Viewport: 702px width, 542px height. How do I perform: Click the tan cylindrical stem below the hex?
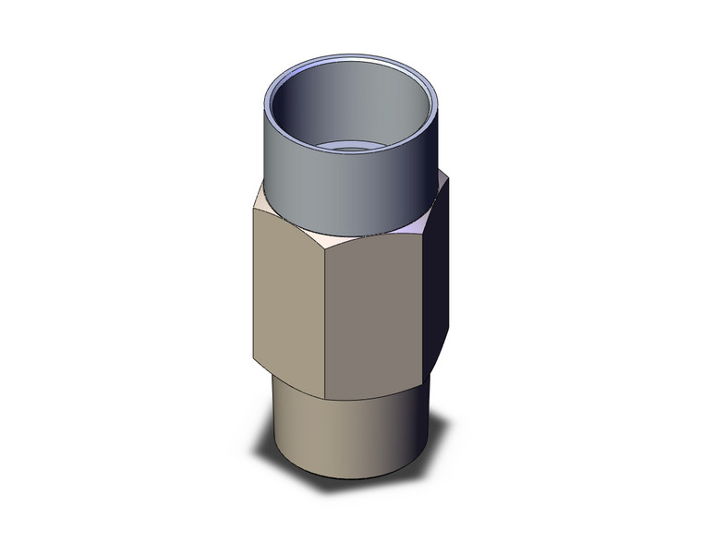click(x=342, y=434)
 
